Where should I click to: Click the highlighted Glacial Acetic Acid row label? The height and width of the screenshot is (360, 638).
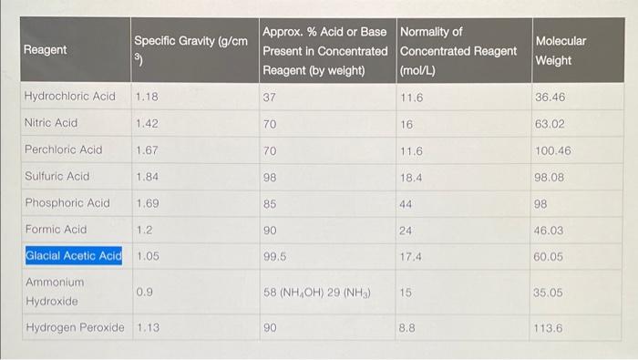[x=73, y=256]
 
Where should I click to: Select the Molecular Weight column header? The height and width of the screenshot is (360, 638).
[x=561, y=50]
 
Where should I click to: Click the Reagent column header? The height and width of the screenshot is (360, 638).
[x=45, y=50]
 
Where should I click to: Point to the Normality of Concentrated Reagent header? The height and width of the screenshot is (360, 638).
[x=458, y=50]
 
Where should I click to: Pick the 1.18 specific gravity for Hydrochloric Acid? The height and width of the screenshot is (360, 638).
[x=146, y=96]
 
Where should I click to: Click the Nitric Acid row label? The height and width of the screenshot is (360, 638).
[x=51, y=122]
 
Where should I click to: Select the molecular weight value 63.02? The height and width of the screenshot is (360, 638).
[x=551, y=122]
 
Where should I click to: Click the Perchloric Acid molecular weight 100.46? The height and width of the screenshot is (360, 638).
[x=553, y=149]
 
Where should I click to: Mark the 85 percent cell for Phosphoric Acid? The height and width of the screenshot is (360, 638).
[x=270, y=202]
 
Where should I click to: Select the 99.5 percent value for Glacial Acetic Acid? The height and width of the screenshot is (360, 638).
[x=274, y=256]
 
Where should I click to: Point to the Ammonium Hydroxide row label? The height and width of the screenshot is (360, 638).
[x=54, y=292]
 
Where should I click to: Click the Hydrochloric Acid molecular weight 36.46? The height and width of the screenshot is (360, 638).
[x=551, y=96]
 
